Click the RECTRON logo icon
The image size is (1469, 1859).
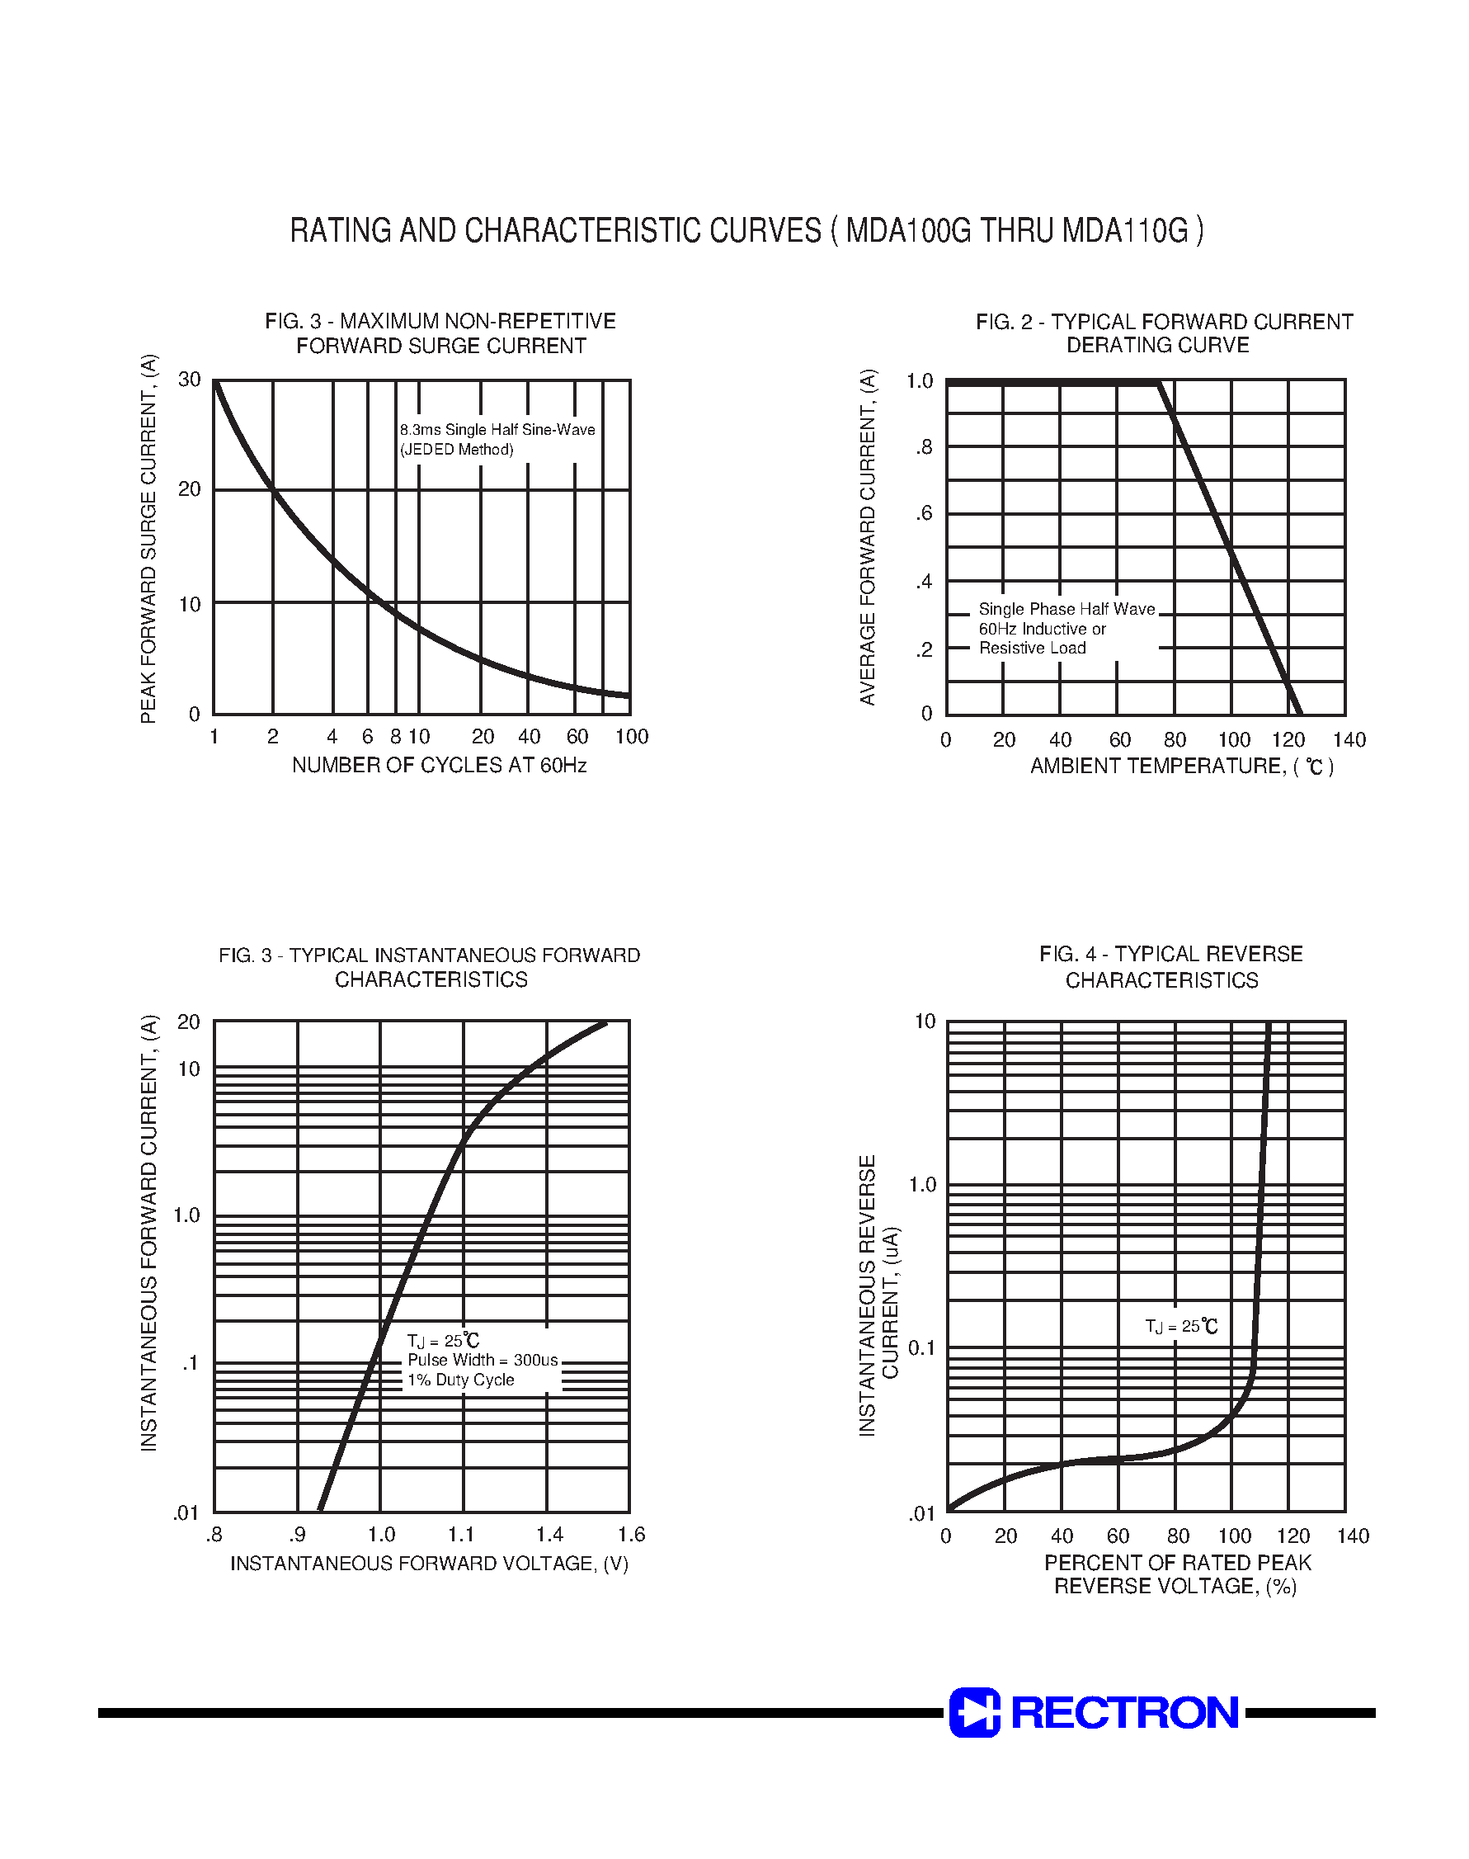tap(973, 1712)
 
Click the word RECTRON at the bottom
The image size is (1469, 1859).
tap(1124, 1712)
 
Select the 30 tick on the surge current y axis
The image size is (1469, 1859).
tap(189, 380)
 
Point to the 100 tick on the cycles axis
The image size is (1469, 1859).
tap(631, 736)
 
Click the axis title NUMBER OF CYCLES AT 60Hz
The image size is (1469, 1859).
tap(439, 765)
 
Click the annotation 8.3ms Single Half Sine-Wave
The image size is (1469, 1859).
tap(497, 429)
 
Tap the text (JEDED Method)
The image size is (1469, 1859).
tap(456, 449)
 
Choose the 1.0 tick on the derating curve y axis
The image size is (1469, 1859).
tap(920, 380)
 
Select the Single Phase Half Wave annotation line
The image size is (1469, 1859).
tap(1066, 609)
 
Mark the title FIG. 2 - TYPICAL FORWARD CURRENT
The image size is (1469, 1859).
tap(1164, 322)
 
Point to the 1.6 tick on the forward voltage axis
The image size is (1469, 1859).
tap(631, 1535)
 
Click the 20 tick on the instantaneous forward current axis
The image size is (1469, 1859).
tap(188, 1022)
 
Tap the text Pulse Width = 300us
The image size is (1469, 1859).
tap(483, 1360)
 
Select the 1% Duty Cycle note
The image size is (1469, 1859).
tap(460, 1380)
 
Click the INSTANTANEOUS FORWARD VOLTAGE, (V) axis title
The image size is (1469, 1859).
tap(429, 1563)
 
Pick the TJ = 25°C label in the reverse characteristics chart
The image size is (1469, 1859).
tap(1182, 1327)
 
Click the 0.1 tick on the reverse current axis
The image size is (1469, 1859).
tap(921, 1348)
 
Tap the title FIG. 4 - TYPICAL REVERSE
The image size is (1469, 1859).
tap(1170, 954)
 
